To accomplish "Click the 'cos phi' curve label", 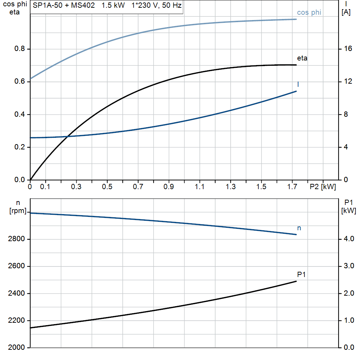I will (x=309, y=13).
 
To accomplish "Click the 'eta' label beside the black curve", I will (x=302, y=58).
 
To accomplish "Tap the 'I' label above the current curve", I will (x=298, y=84).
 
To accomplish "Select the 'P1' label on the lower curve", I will (x=301, y=275).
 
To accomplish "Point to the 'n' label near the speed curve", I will (x=299, y=228).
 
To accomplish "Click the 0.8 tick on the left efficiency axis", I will (x=20, y=49).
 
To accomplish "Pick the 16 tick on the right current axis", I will (x=348, y=49).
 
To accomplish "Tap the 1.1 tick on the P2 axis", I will (x=199, y=187).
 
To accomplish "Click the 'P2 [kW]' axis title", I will (x=322, y=187).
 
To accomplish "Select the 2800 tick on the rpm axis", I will (x=17, y=239).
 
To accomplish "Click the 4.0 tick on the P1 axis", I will (x=349, y=239).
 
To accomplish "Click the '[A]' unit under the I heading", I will (x=346, y=12).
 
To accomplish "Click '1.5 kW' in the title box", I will (x=113, y=6).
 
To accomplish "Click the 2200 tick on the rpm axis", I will (x=17, y=321).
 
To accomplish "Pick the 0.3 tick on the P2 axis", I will (x=76, y=187).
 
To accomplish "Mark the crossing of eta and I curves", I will (x=67, y=136).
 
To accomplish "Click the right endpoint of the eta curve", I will (x=296, y=65).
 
